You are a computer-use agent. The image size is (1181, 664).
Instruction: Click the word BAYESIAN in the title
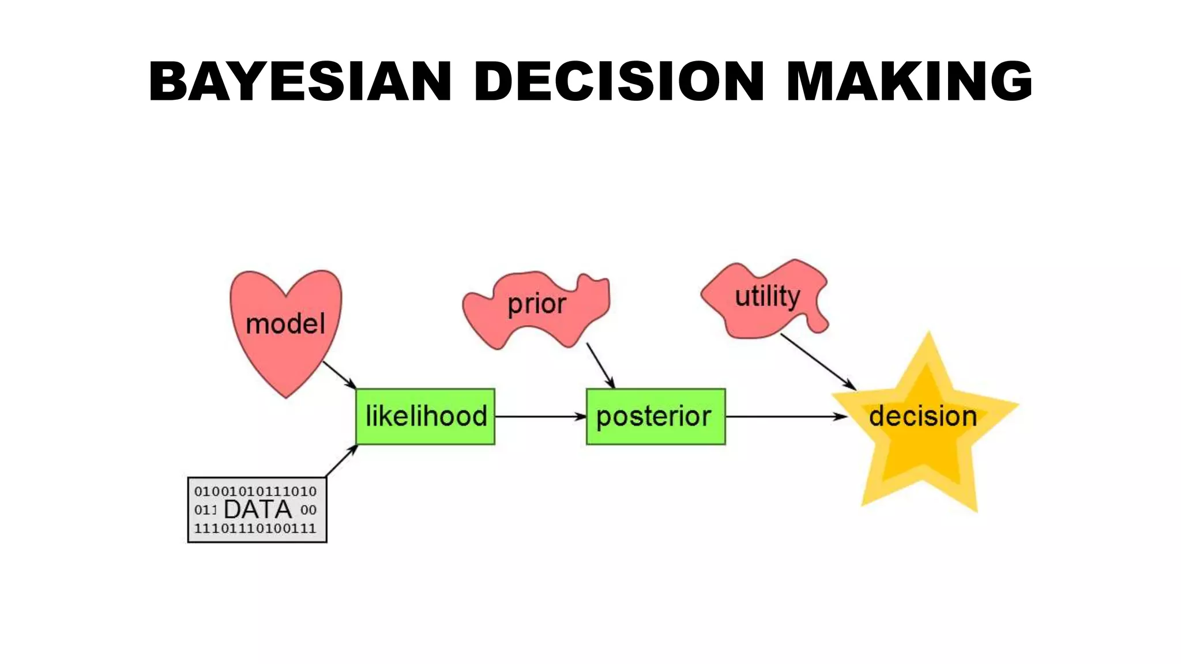click(x=300, y=81)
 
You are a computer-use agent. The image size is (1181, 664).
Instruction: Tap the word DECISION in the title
click(x=619, y=81)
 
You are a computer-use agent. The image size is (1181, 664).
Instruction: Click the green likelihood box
click(x=426, y=417)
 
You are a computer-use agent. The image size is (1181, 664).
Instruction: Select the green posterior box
click(x=656, y=417)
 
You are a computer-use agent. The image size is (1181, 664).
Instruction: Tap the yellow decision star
click(x=923, y=427)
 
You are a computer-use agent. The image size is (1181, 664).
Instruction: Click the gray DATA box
click(x=257, y=510)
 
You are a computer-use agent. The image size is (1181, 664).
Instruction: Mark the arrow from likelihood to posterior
click(x=540, y=416)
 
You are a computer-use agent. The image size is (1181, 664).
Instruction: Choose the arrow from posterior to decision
click(x=785, y=416)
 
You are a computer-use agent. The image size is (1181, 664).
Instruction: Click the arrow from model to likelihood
click(x=339, y=375)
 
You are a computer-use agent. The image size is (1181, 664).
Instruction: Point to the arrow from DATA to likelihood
click(x=341, y=461)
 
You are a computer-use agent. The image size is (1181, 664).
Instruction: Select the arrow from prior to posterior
click(x=600, y=365)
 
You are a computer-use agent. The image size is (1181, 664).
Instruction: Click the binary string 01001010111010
click(x=255, y=492)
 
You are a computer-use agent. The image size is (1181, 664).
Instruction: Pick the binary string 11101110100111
click(x=255, y=529)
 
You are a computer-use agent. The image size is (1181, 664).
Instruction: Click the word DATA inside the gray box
click(x=258, y=510)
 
